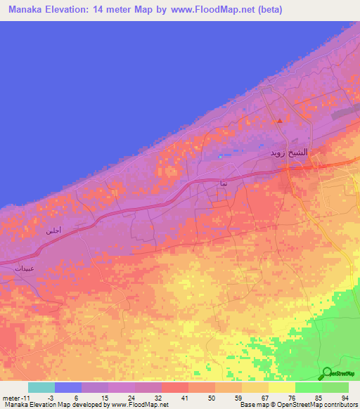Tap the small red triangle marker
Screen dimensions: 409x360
(x=280, y=120)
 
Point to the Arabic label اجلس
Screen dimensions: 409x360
(x=53, y=231)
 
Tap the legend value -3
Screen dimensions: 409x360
(x=68, y=397)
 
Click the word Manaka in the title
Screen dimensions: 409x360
(x=27, y=9)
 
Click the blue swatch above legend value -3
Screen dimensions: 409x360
(x=68, y=387)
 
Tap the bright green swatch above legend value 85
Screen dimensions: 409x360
(x=309, y=387)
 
